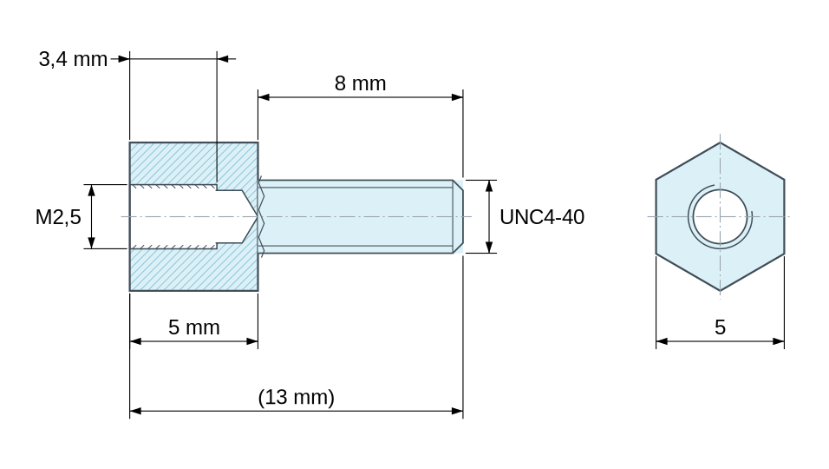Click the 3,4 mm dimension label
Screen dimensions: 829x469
[x=73, y=59]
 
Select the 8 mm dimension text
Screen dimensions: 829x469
[x=360, y=83]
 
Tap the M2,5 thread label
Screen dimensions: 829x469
[x=58, y=217]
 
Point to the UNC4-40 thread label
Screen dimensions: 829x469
[x=542, y=217]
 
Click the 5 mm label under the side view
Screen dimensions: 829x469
[x=194, y=327]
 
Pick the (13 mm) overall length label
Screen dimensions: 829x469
[x=296, y=397]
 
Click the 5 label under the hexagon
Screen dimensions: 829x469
[x=720, y=327]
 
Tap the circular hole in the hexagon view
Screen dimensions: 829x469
[x=720, y=216]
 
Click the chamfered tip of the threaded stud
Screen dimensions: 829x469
[x=459, y=216]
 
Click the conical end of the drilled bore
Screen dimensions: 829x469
[x=250, y=216]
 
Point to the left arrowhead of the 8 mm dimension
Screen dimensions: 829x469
[x=264, y=97]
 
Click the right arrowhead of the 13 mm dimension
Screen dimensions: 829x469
[x=457, y=410]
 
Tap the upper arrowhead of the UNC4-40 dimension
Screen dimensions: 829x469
[x=489, y=186]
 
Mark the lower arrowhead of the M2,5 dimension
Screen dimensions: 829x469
[x=91, y=242]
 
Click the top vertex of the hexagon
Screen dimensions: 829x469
[x=720, y=142]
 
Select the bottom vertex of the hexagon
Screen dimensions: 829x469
[x=720, y=291]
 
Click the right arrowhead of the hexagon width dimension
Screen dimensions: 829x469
[x=778, y=341]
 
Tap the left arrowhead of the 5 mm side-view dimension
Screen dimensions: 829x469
[x=136, y=341]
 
